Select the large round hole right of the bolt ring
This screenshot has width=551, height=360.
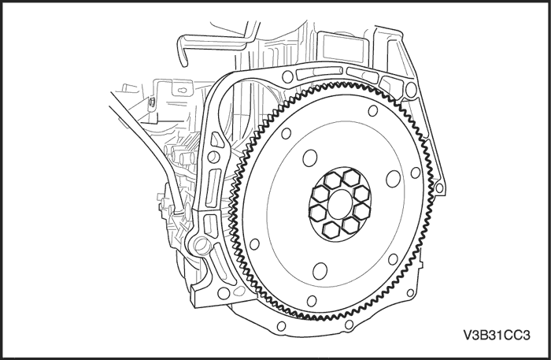[392, 180]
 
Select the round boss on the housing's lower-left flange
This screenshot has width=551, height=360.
[199, 248]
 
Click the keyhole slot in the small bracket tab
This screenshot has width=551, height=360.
[150, 101]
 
